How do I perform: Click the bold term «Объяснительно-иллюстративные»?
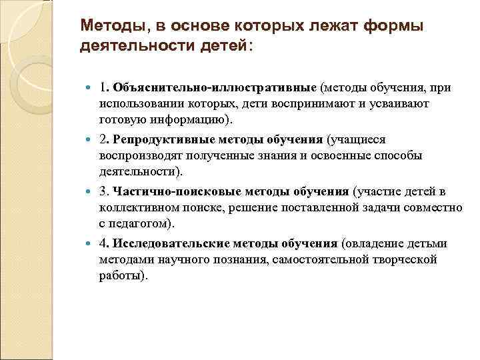[214, 87]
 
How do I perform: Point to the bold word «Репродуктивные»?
[159, 139]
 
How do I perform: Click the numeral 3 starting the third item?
[103, 191]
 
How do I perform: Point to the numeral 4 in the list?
[103, 243]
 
